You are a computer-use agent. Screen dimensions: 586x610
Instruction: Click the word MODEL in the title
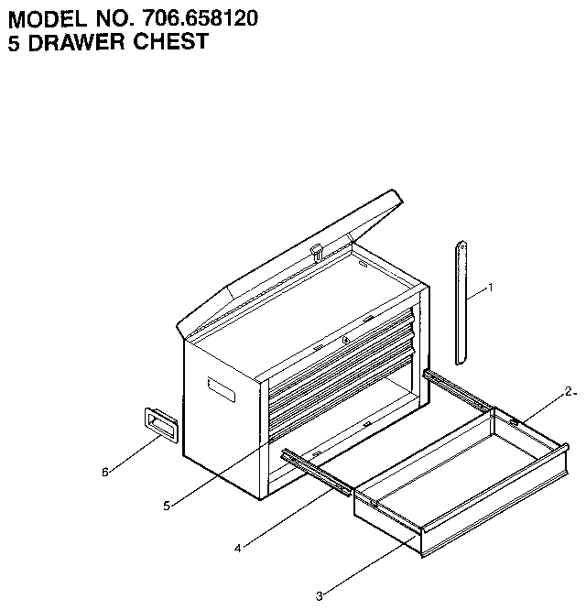(x=48, y=18)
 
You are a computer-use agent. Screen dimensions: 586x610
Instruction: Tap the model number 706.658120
(x=200, y=18)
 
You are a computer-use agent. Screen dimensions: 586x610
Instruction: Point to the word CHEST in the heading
(x=170, y=41)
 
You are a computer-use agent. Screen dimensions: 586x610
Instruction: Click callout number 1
(x=491, y=288)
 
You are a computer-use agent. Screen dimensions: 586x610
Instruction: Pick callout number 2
(x=569, y=392)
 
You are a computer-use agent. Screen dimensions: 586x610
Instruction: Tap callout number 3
(x=319, y=596)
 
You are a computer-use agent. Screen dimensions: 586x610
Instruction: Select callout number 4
(x=237, y=549)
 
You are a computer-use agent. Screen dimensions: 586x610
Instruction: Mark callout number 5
(x=167, y=507)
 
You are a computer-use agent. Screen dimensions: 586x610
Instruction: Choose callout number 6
(x=105, y=473)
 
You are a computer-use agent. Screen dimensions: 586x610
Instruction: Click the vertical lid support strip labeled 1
(x=461, y=302)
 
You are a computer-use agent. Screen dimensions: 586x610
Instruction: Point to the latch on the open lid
(x=318, y=252)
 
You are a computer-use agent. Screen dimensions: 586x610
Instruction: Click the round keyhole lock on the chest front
(x=346, y=341)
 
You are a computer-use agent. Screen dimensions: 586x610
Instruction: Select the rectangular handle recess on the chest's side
(x=222, y=390)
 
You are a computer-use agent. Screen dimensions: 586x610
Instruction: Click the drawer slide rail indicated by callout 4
(x=318, y=473)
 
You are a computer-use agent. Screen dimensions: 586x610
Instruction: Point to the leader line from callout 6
(x=135, y=454)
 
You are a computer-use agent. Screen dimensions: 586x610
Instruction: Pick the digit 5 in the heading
(x=14, y=42)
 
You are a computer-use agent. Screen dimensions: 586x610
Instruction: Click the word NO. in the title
(x=114, y=18)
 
